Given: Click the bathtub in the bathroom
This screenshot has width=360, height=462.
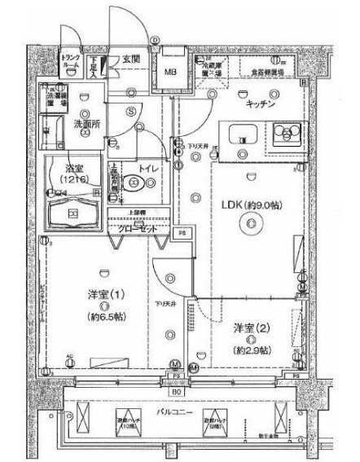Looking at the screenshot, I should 72,214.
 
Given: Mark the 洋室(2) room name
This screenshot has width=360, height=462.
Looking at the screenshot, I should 249,328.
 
